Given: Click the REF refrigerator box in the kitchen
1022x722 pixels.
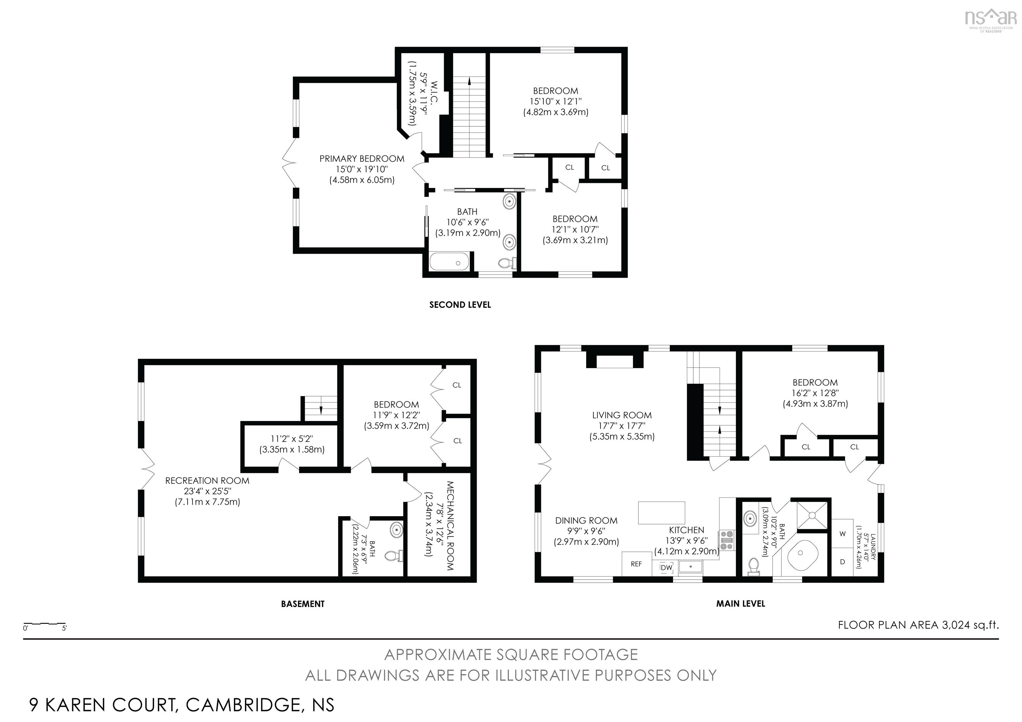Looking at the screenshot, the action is [x=636, y=564].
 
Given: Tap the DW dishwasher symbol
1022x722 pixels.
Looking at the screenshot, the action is [x=666, y=568].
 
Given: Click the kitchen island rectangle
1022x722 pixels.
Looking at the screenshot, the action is [x=661, y=512].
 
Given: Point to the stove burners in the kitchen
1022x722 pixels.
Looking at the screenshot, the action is [x=727, y=540].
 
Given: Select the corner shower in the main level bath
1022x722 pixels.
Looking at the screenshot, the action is [x=812, y=515].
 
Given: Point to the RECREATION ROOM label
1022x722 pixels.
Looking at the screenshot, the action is [x=207, y=481].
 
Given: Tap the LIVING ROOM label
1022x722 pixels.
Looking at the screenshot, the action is [x=622, y=415].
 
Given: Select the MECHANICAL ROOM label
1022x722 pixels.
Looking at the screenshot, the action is [x=449, y=526].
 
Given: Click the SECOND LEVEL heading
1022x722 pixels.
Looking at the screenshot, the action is [x=460, y=305].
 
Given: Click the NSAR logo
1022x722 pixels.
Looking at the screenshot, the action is [x=990, y=20].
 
